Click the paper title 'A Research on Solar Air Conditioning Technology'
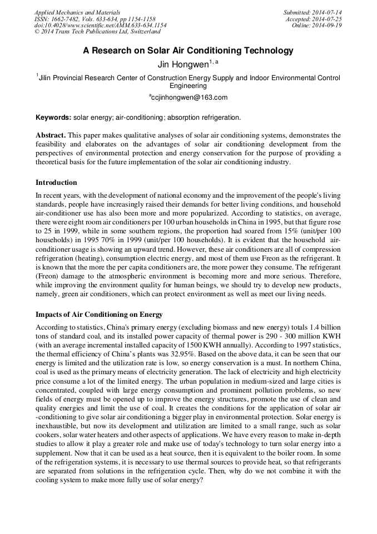(x=188, y=51)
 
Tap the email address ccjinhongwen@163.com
(x=189, y=97)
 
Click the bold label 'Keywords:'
(x=53, y=117)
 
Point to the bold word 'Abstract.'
(x=51, y=135)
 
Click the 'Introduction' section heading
(x=56, y=183)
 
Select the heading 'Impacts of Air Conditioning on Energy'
(x=98, y=315)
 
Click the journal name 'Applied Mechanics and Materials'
(x=77, y=12)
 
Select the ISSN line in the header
(x=95, y=19)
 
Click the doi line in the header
(x=100, y=26)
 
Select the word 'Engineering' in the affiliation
(x=188, y=86)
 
